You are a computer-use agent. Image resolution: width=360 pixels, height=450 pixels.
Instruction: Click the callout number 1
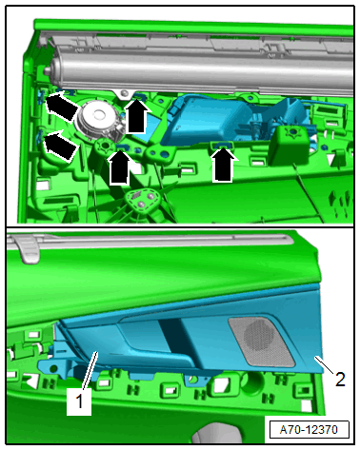coord(79,401)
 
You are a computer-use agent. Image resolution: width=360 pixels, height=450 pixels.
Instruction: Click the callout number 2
coord(340,379)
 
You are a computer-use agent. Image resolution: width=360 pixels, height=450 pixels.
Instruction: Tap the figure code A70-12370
coord(309,430)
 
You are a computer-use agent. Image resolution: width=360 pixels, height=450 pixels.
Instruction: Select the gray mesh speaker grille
coord(262,342)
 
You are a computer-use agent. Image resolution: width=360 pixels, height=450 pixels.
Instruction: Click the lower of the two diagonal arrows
coord(60,145)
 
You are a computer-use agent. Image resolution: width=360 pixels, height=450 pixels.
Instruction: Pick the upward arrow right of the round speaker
coord(136,116)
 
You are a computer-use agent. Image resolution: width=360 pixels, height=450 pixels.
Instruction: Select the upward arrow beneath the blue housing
coord(224,165)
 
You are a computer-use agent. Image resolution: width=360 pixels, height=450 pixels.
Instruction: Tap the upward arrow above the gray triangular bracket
coord(119,167)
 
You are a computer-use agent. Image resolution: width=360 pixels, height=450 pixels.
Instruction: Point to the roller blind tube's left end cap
coord(51,69)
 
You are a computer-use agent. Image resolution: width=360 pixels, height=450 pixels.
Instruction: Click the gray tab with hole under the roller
coord(122,94)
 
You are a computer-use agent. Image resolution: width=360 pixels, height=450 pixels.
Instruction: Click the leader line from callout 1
coord(90,370)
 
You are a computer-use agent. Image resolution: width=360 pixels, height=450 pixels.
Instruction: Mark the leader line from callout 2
coord(324,364)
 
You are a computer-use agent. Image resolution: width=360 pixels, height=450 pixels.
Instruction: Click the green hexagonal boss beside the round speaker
coord(105,147)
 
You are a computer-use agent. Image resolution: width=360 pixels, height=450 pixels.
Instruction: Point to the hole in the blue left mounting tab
coord(54,369)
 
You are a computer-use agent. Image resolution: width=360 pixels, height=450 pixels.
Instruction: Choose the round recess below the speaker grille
coord(252,382)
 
